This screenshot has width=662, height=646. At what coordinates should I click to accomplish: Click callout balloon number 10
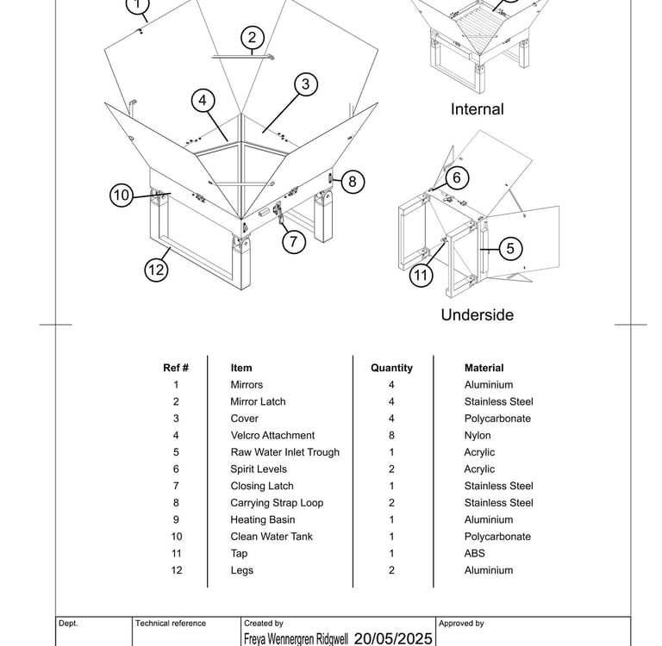tap(122, 196)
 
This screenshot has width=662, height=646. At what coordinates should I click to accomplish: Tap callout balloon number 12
tap(156, 270)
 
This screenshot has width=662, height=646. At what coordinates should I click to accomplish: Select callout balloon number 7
tap(294, 242)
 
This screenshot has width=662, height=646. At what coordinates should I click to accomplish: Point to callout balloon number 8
tap(353, 182)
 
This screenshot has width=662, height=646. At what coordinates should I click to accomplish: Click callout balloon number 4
tap(203, 101)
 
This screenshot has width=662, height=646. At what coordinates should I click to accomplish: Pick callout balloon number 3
tap(305, 84)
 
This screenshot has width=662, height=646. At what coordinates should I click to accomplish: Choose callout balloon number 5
tap(510, 249)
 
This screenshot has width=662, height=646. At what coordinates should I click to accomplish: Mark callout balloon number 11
tap(421, 276)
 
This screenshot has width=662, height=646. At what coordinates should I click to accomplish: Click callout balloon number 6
tap(457, 178)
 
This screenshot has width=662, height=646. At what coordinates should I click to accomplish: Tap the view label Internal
tap(477, 109)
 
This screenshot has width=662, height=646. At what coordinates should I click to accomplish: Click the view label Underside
tap(477, 315)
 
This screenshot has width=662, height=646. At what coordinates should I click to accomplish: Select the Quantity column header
tap(391, 368)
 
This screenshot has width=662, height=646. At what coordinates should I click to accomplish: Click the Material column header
tap(484, 368)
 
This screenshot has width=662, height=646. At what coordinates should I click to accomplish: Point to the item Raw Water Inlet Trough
tap(284, 452)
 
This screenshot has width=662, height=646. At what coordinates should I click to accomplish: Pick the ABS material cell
tap(474, 554)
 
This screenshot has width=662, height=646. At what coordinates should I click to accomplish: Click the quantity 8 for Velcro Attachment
tap(391, 436)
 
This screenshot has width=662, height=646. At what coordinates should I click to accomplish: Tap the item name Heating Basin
tap(262, 520)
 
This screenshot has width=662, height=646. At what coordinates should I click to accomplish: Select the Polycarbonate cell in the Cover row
tap(497, 419)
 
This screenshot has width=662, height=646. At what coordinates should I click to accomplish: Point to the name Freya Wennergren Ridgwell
tap(296, 639)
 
